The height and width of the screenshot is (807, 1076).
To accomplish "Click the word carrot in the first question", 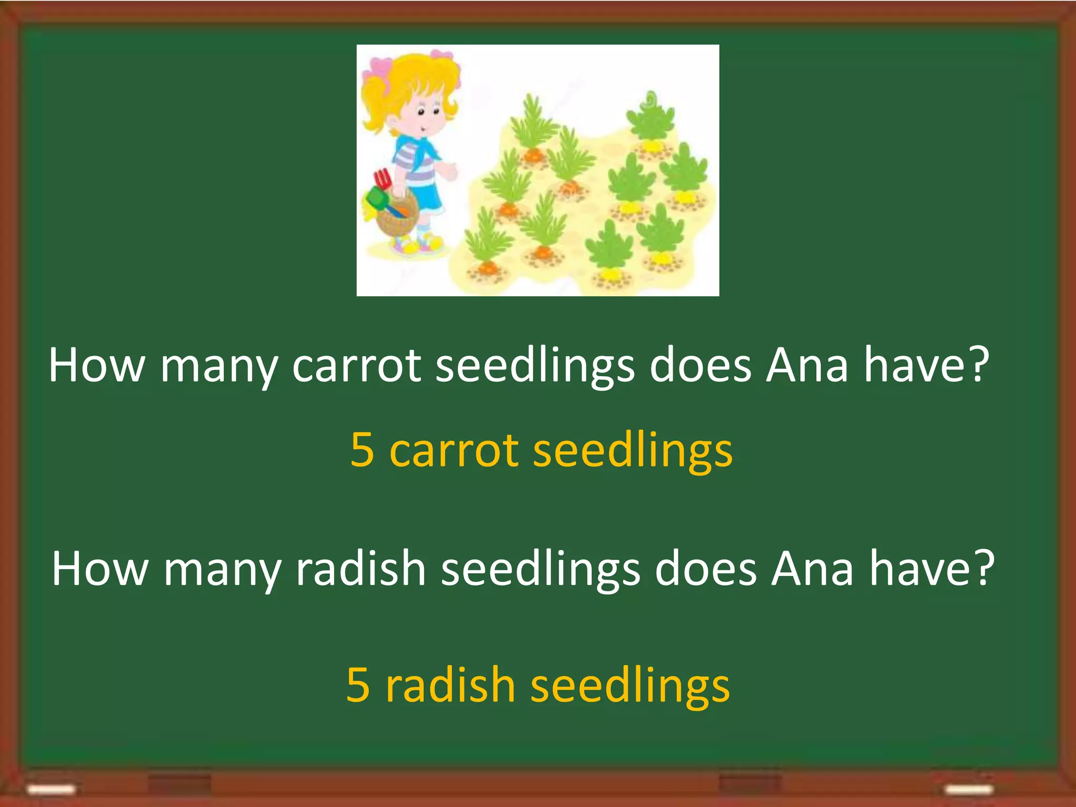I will [356, 366].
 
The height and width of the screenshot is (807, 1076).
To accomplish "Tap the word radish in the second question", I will [360, 568].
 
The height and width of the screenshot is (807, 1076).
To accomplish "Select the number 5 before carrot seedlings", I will [362, 450].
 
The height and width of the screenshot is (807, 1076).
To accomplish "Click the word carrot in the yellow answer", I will [454, 451].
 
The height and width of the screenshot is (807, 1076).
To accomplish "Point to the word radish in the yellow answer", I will [450, 685].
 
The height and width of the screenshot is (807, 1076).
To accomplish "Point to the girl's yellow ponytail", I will [374, 100].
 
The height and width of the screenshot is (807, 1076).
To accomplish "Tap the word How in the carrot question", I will [96, 366].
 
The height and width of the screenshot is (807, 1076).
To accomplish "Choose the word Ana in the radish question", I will [812, 568].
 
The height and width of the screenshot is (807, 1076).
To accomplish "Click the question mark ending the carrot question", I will [978, 365].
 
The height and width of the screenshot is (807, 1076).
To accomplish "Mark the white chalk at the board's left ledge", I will [51, 789].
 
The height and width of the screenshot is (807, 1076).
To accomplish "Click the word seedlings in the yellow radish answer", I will [630, 686].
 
